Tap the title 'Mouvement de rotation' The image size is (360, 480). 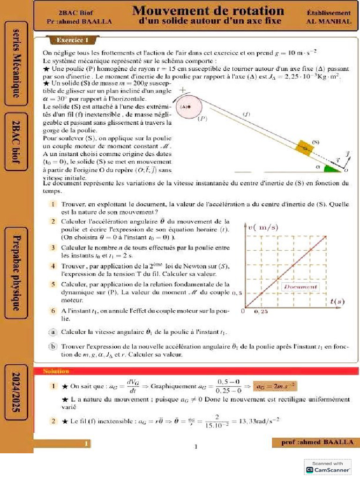tap(208, 10)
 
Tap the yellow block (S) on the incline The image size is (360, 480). tap(305, 148)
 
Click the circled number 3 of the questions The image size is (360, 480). tap(54, 247)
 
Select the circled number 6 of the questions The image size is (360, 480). tap(54, 310)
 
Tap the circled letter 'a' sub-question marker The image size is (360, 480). tap(54, 332)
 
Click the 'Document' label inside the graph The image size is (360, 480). tap(300, 286)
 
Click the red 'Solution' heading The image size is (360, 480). tap(56, 371)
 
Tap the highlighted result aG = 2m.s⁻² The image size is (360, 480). tap(275, 386)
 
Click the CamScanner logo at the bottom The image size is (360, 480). tap(328, 469)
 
